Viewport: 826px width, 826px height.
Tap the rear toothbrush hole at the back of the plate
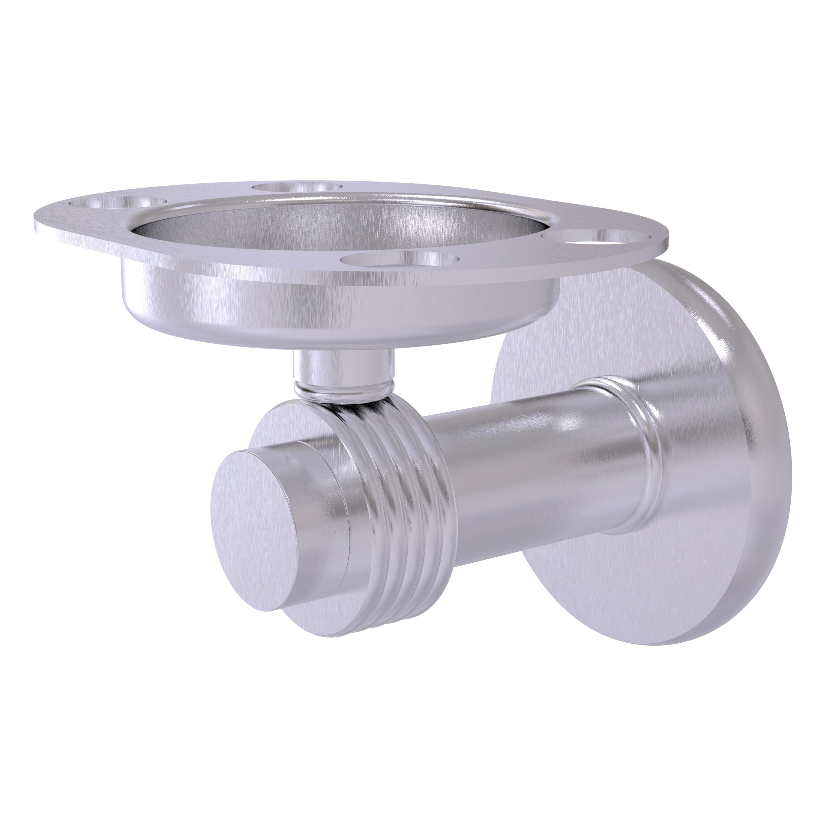pyautogui.click(x=298, y=187)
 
